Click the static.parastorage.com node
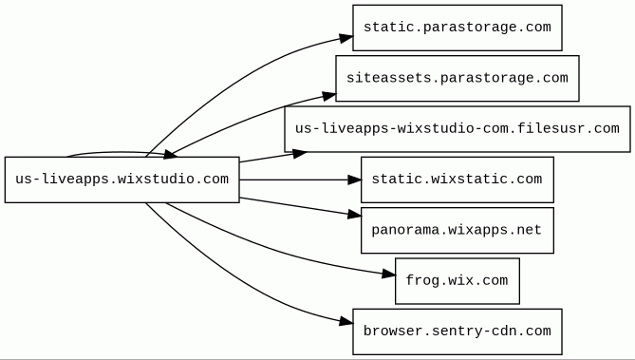458,28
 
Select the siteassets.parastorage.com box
458,78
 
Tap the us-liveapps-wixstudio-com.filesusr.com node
458,129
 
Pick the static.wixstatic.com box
458,180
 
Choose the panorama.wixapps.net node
458,230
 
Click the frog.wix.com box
458,281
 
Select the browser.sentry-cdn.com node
458,332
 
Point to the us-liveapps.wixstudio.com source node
121,180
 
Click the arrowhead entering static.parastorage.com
346,38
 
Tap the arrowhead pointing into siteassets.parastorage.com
329,97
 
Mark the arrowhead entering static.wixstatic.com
354,180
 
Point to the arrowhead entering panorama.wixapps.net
354,215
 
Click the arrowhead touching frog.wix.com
389,275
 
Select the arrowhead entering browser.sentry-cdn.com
346,321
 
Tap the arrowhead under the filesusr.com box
300,154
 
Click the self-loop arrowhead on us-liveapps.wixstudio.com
170,154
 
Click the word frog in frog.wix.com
420,281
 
